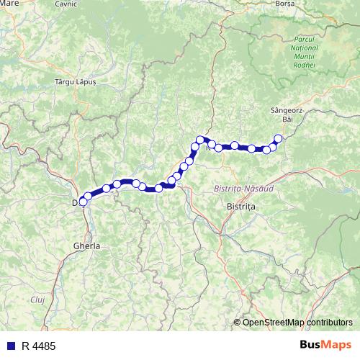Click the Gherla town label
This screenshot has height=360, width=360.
click(86, 246)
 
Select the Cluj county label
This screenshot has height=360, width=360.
click(37, 297)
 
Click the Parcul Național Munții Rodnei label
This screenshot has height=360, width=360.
click(300, 50)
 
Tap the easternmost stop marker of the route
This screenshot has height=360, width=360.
click(278, 139)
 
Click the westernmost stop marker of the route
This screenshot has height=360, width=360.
click(82, 202)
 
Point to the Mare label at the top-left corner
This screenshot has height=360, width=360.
click(9, 4)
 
